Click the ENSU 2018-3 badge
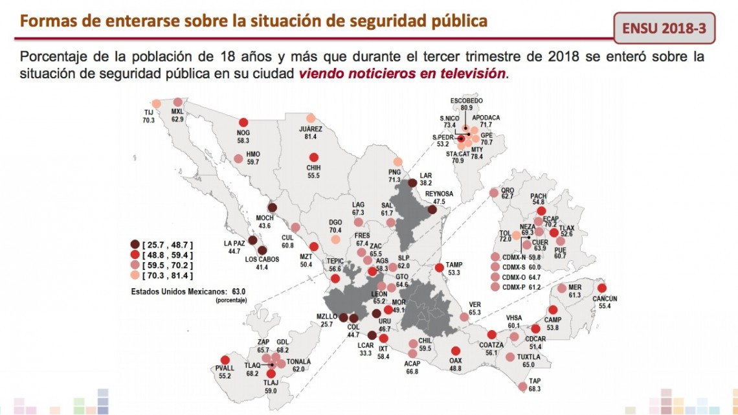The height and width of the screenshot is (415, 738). (664, 29)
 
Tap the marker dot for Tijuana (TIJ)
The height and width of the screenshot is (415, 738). (156, 104)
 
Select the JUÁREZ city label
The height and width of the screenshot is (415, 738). (311, 129)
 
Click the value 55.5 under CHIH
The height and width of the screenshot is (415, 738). (314, 175)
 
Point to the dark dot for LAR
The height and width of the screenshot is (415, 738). (412, 183)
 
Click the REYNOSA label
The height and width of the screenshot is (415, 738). (440, 194)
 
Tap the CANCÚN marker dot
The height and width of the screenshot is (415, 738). (602, 288)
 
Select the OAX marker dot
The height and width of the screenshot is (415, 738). (456, 351)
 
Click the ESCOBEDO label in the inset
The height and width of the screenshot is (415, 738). (466, 100)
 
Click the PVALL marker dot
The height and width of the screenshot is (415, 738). (225, 361)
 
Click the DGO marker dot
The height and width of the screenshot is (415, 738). (335, 239)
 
